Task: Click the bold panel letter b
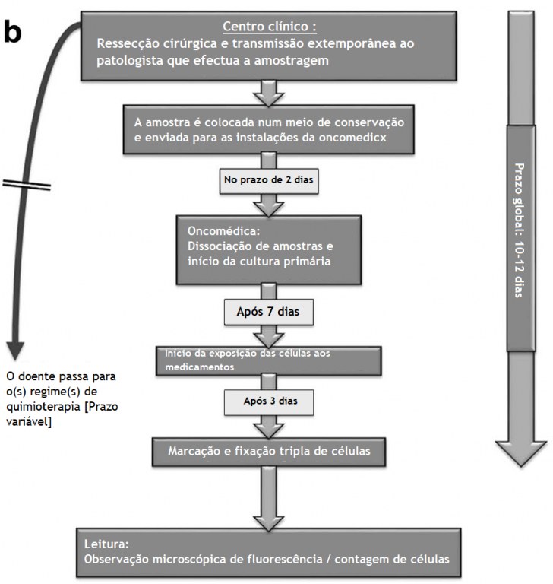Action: [13, 32]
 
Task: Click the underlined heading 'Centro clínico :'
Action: [270, 27]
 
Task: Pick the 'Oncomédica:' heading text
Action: [223, 230]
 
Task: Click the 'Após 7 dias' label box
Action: [269, 312]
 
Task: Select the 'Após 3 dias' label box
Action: [269, 402]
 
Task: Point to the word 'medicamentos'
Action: [200, 367]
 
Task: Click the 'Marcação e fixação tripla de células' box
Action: [269, 452]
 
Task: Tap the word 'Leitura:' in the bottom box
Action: [106, 544]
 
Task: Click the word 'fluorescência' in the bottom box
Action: [285, 559]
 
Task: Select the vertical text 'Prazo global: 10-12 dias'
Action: [520, 230]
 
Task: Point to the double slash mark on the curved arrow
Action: [27, 185]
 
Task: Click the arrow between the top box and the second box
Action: [269, 93]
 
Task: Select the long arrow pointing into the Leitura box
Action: [269, 498]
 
